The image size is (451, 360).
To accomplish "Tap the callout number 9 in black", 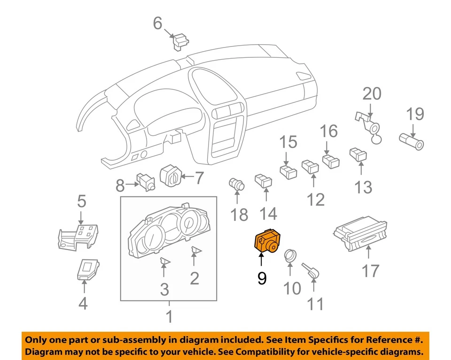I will [262, 279].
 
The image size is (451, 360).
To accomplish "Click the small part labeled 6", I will [180, 41].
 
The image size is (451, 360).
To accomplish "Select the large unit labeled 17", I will [361, 234].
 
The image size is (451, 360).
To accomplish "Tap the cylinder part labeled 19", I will [412, 140].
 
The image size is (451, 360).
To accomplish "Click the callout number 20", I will [372, 94].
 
